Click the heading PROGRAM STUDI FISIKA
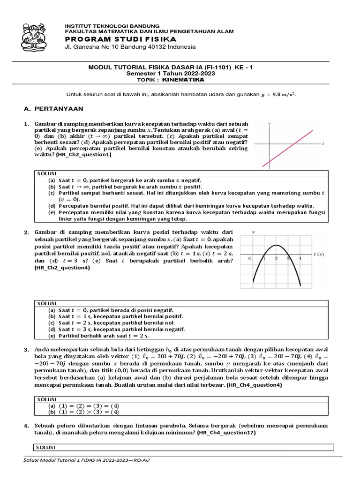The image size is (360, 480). tap(114, 39)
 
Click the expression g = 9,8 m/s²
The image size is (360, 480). tap(278, 94)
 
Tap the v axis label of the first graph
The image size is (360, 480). tap(269, 123)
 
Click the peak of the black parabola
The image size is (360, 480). tap(276, 245)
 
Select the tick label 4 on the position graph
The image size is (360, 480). tap(300, 259)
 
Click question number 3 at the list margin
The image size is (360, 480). tap(27, 350)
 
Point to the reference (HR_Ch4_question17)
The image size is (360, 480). tap(226, 433)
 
